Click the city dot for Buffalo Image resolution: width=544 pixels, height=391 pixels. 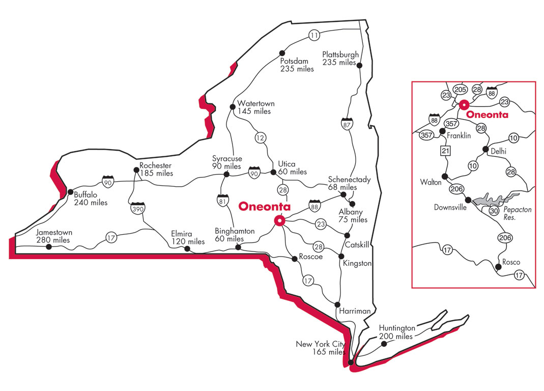(x=70, y=192)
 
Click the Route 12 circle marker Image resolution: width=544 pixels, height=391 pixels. (x=261, y=137)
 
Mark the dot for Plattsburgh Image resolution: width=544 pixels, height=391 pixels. (x=359, y=65)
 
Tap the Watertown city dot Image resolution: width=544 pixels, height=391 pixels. (x=233, y=107)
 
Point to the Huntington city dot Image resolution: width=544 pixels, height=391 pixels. (x=384, y=344)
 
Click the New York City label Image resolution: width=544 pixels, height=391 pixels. (x=320, y=345)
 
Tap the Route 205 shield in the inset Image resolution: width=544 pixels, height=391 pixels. (x=460, y=90)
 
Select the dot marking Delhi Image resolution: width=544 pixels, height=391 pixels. (x=485, y=150)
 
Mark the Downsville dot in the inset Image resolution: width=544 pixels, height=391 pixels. (x=469, y=200)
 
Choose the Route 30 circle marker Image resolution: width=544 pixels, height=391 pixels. (x=493, y=210)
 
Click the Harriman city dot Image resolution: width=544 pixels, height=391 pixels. (x=337, y=304)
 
